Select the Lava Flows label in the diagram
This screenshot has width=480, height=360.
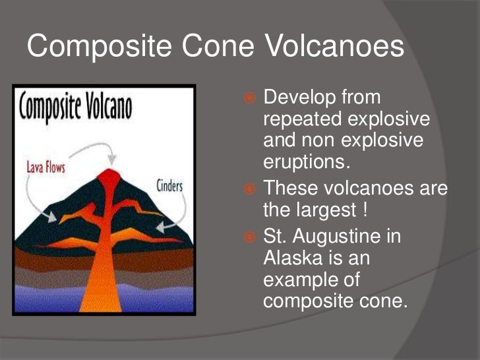click(x=45, y=167)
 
